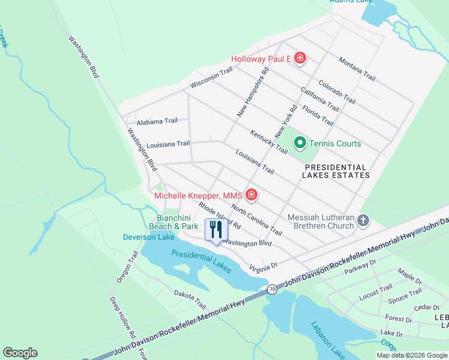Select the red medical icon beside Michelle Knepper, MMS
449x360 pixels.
(x=252, y=195)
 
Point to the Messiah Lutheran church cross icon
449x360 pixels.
(x=363, y=221)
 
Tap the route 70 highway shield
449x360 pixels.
(x=273, y=289)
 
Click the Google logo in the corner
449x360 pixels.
(x=20, y=353)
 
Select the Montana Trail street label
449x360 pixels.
(x=357, y=69)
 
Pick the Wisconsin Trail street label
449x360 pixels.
(x=211, y=79)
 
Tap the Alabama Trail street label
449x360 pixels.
(x=157, y=121)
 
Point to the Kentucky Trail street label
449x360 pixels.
(x=269, y=142)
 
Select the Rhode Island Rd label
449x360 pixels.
(x=220, y=216)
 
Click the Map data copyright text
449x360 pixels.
(x=411, y=355)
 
